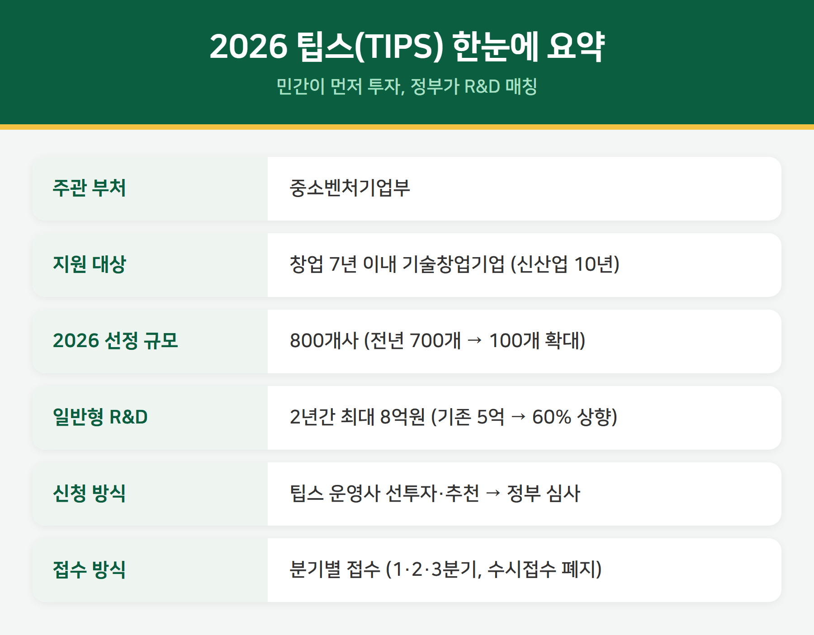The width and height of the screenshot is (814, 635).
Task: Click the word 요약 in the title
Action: pyautogui.click(x=575, y=46)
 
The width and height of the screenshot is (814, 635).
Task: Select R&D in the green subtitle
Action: pyautogui.click(x=482, y=86)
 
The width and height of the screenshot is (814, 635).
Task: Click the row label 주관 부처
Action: pyautogui.click(x=89, y=188)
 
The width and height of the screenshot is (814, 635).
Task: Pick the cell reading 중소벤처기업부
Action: pyautogui.click(x=350, y=188)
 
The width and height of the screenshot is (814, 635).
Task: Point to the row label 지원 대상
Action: pyautogui.click(x=89, y=264)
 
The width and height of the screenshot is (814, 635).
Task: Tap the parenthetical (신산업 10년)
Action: pyautogui.click(x=565, y=264)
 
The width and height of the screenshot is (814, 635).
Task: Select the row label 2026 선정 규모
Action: pyautogui.click(x=115, y=341)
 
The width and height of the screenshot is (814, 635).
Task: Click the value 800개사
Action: pyautogui.click(x=324, y=341)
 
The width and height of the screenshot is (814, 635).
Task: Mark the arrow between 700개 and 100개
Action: pyautogui.click(x=475, y=341)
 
